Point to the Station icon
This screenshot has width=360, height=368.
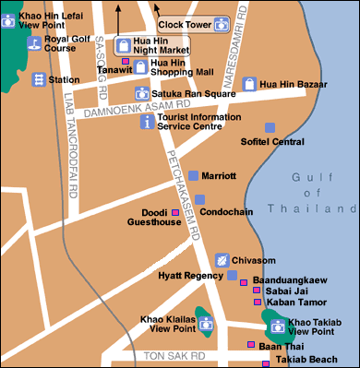coord(39,80)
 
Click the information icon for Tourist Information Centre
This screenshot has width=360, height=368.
coord(146,122)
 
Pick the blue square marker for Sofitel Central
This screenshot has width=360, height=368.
coord(270,127)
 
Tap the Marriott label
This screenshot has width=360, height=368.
coord(219,175)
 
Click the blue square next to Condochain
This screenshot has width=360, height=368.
coord(199,199)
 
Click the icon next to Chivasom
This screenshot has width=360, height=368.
coord(222,260)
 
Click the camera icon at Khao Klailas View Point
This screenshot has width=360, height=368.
coord(206,324)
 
